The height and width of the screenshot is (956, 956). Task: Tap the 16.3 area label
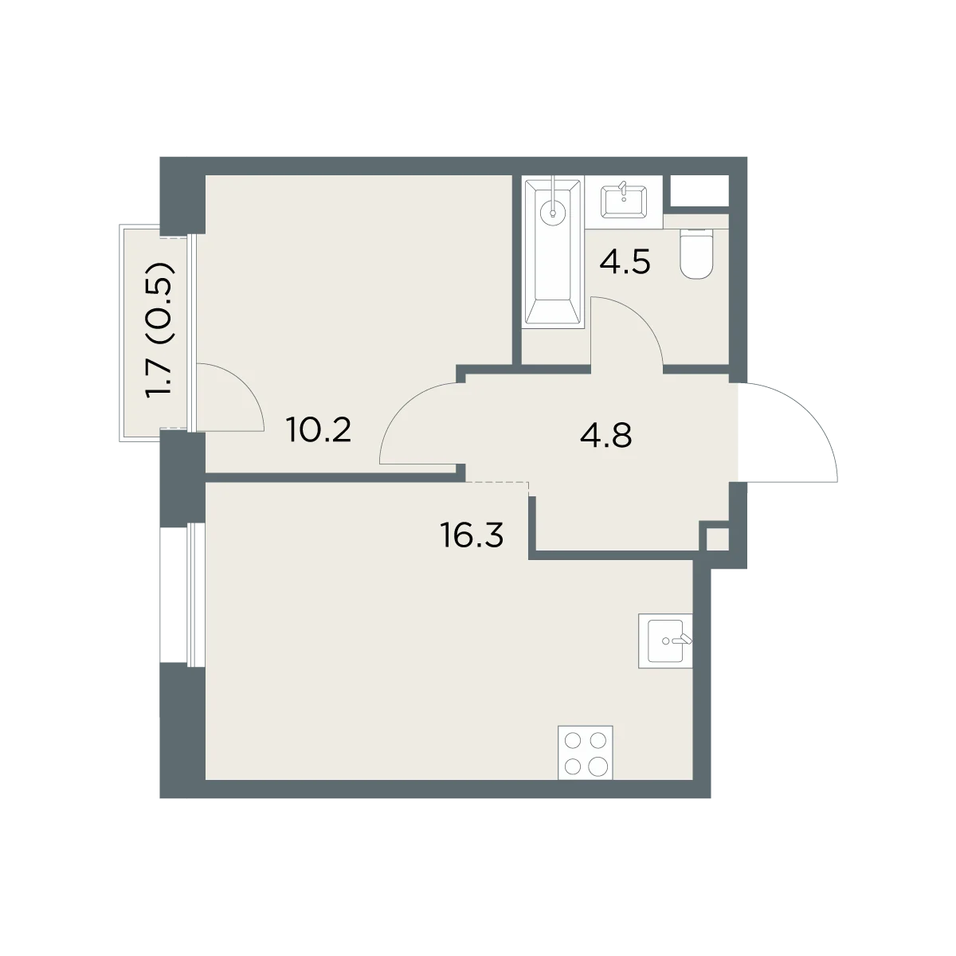(x=472, y=536)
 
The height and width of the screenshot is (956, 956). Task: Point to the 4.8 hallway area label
(x=605, y=435)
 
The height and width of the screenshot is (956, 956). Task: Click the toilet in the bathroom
(x=696, y=254)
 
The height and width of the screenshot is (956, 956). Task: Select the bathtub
(x=553, y=253)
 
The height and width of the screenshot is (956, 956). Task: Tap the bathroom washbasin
(x=623, y=202)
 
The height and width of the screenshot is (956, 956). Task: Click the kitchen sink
(x=664, y=641)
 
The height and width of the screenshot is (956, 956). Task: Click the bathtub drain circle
(x=553, y=214)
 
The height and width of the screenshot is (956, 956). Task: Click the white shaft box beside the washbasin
(x=699, y=190)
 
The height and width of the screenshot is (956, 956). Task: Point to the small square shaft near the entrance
(x=717, y=539)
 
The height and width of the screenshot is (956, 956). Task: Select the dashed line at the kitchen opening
(x=498, y=482)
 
